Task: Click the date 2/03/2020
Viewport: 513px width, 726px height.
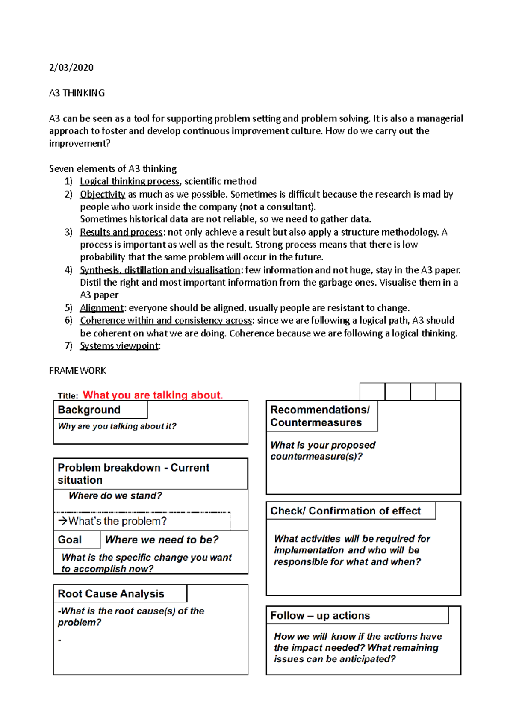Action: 71,68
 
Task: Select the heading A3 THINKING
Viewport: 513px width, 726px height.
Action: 77,93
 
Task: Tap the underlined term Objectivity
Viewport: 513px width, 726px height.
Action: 102,194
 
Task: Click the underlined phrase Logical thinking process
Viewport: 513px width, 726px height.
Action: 129,181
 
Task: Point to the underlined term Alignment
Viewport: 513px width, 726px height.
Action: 101,308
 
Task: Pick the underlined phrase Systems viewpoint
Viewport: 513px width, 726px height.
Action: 119,346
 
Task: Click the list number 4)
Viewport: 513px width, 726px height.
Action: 68,270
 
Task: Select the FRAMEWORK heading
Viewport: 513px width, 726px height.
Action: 77,371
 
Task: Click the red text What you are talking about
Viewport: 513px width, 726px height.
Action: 153,395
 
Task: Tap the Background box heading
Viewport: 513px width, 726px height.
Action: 89,410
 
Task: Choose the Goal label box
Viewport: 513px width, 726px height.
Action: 70,540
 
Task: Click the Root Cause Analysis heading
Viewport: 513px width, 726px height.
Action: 111,594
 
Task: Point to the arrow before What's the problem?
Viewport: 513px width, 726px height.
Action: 62,521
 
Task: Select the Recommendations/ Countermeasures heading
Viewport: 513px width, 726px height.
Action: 319,416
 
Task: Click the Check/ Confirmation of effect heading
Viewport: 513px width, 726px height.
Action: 345,511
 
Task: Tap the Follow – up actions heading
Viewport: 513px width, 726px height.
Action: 320,616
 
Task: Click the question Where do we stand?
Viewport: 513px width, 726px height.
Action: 115,496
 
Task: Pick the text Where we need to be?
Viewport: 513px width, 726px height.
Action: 162,540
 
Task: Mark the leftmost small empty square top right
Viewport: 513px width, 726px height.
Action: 372,392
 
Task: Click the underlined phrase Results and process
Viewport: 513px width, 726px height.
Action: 121,232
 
